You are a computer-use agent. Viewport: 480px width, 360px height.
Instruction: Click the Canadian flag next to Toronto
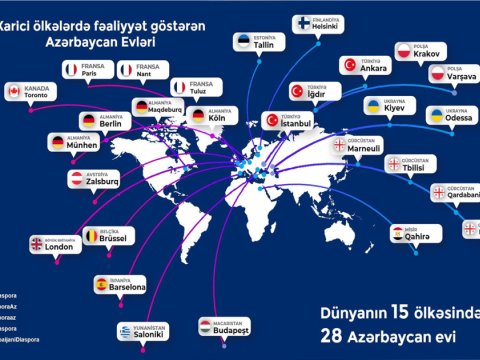(x=13, y=91)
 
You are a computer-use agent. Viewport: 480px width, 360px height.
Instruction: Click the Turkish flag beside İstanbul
(x=272, y=120)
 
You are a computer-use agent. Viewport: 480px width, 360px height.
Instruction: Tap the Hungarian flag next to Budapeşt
(x=203, y=325)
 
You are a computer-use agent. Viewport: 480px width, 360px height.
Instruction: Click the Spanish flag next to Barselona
(x=100, y=285)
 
